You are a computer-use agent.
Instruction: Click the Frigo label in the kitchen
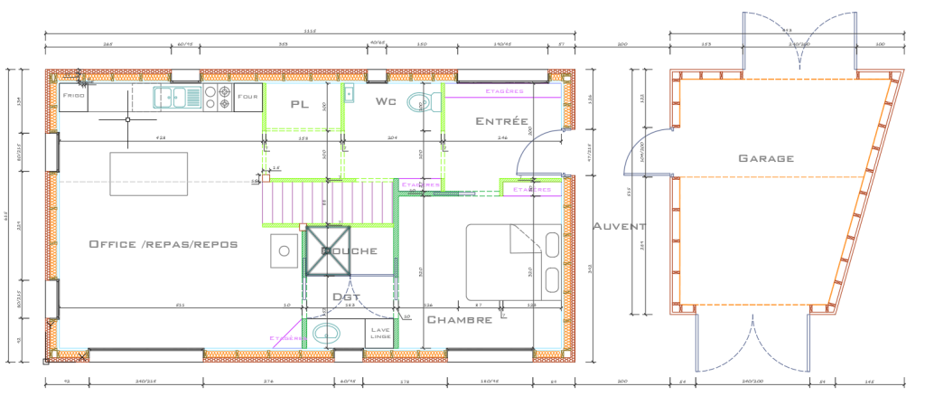coord(73,94)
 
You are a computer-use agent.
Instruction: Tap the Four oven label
coord(247,95)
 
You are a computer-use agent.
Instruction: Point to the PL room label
coord(300,104)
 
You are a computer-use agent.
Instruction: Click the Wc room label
coord(386,101)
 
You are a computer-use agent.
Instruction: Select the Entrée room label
coord(501,121)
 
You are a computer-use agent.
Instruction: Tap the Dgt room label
coord(346,297)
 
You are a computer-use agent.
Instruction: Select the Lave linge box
coord(380,333)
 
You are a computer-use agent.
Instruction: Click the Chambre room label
coord(459,320)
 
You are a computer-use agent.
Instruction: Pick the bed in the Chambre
coord(513,262)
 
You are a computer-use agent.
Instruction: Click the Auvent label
coord(619,226)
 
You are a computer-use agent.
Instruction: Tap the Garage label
coord(766,158)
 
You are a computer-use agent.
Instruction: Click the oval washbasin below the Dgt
coord(326,334)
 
